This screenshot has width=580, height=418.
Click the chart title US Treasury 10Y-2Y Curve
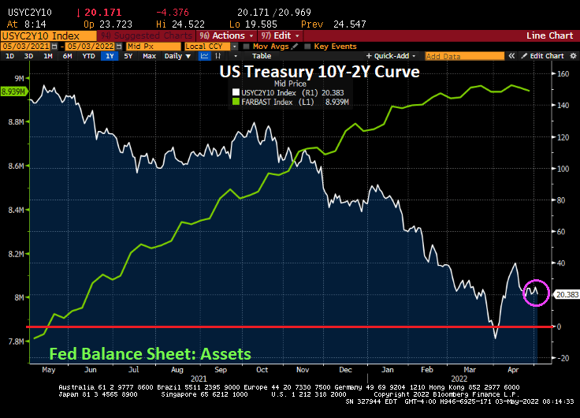click(x=319, y=72)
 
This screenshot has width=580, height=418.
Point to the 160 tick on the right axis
click(x=563, y=74)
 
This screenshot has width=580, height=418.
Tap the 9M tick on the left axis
click(x=17, y=77)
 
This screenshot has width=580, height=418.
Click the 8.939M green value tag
click(x=13, y=92)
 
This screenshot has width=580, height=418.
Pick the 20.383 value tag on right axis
click(x=567, y=294)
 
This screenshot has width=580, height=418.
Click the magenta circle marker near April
click(x=536, y=292)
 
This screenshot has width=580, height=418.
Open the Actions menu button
click(x=225, y=35)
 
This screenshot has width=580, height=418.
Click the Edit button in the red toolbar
click(x=284, y=35)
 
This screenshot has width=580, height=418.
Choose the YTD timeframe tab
click(x=89, y=56)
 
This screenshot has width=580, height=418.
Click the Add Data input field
click(x=453, y=56)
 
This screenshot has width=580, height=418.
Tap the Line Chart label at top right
click(x=549, y=35)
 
